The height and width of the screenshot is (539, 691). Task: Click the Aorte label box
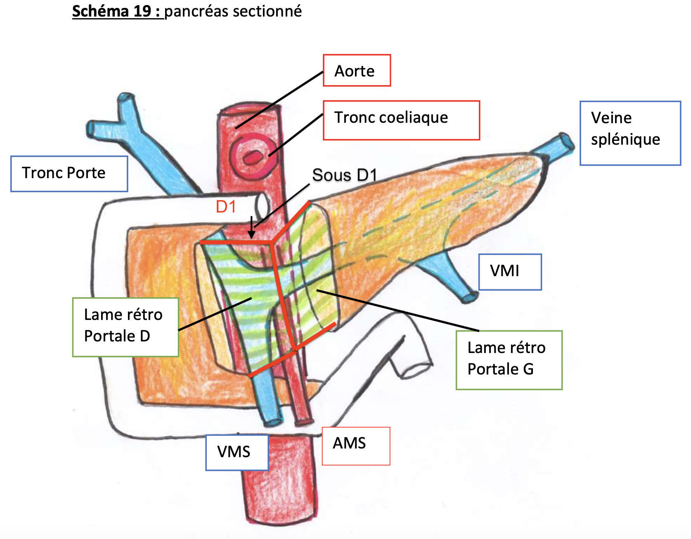(x=356, y=71)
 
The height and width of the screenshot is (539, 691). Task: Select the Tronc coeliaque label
(x=401, y=120)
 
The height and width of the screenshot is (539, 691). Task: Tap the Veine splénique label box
(x=630, y=133)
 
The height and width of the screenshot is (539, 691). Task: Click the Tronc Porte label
(x=69, y=174)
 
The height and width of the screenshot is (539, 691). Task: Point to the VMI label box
(x=510, y=272)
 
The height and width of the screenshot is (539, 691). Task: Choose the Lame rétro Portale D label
(x=125, y=327)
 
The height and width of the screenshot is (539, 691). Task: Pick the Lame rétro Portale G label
(x=509, y=360)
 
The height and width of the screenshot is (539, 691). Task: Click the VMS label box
(x=237, y=452)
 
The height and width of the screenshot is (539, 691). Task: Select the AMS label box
(x=355, y=446)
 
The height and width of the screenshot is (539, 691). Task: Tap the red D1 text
(x=226, y=207)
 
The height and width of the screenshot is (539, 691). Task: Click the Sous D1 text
(x=344, y=175)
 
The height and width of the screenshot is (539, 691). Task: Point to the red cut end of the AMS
(x=303, y=422)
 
